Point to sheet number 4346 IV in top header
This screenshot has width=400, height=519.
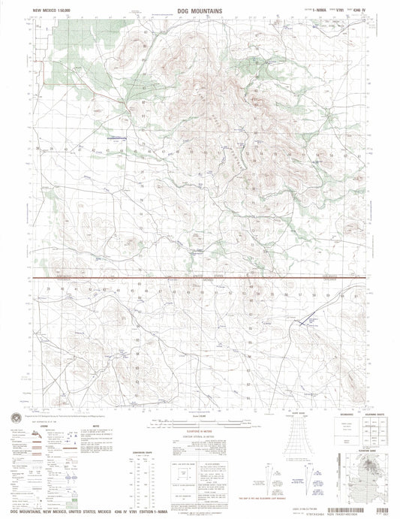356,12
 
